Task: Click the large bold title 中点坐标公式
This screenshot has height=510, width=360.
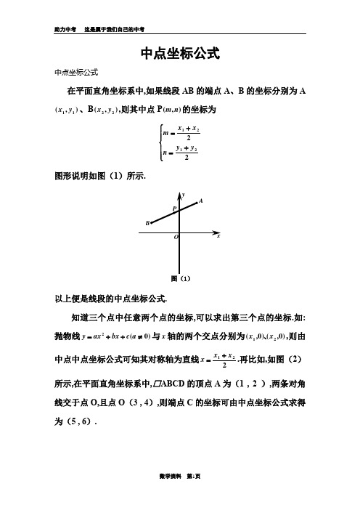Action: [179, 54]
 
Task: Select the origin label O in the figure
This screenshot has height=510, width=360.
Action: [175, 238]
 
